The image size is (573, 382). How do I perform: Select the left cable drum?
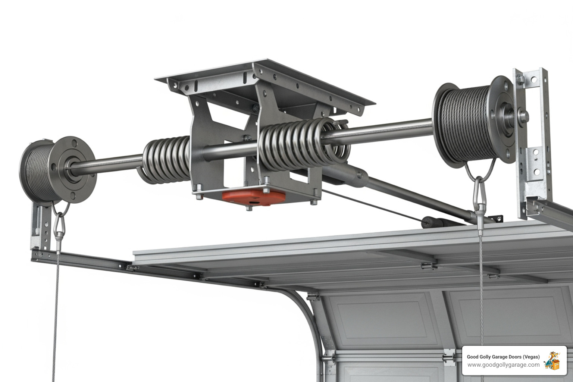56,170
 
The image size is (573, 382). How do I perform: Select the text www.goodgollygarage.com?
503,365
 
